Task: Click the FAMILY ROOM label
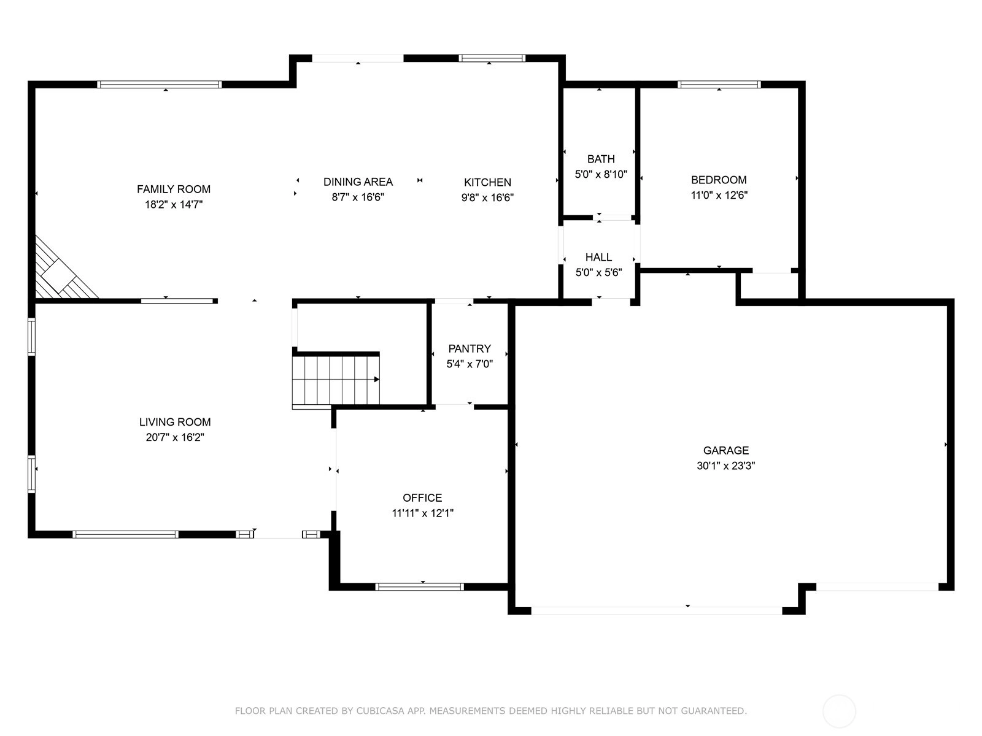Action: tap(174, 189)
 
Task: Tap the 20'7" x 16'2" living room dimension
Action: tap(175, 437)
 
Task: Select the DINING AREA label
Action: tap(358, 182)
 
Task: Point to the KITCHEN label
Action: tap(487, 182)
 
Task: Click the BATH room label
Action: tap(601, 159)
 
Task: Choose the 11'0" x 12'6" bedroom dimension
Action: tap(719, 195)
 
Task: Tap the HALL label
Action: tap(598, 258)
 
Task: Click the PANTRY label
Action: tap(470, 348)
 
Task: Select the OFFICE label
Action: tap(422, 498)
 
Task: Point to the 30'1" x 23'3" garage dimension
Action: tap(725, 466)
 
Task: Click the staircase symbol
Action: tap(336, 380)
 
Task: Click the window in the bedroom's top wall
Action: tap(719, 85)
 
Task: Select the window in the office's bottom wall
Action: tap(419, 587)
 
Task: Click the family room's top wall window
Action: tap(159, 85)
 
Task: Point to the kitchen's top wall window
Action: tap(492, 58)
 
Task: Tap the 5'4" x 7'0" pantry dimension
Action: tap(470, 364)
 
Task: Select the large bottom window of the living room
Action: tap(125, 534)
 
